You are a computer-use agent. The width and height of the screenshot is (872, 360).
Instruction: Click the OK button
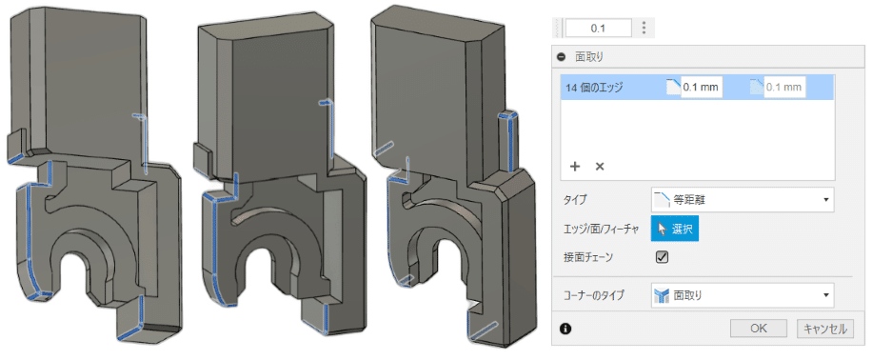tap(759, 329)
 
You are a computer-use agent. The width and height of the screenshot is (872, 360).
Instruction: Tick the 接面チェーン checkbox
tap(662, 257)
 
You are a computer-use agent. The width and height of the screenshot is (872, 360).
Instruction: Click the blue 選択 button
tap(675, 229)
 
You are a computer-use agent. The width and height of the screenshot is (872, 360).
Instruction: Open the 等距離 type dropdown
tap(743, 200)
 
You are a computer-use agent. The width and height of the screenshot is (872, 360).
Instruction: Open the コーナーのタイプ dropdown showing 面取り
tap(743, 294)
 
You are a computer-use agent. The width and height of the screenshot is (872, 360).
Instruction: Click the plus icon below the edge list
tap(575, 166)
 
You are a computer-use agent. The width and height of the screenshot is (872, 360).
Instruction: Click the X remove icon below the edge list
tap(600, 166)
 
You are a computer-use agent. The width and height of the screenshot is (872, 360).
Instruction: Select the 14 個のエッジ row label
tap(593, 87)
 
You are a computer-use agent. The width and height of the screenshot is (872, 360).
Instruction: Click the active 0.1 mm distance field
tap(702, 88)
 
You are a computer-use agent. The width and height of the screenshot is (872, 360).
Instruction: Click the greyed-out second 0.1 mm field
tap(784, 88)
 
